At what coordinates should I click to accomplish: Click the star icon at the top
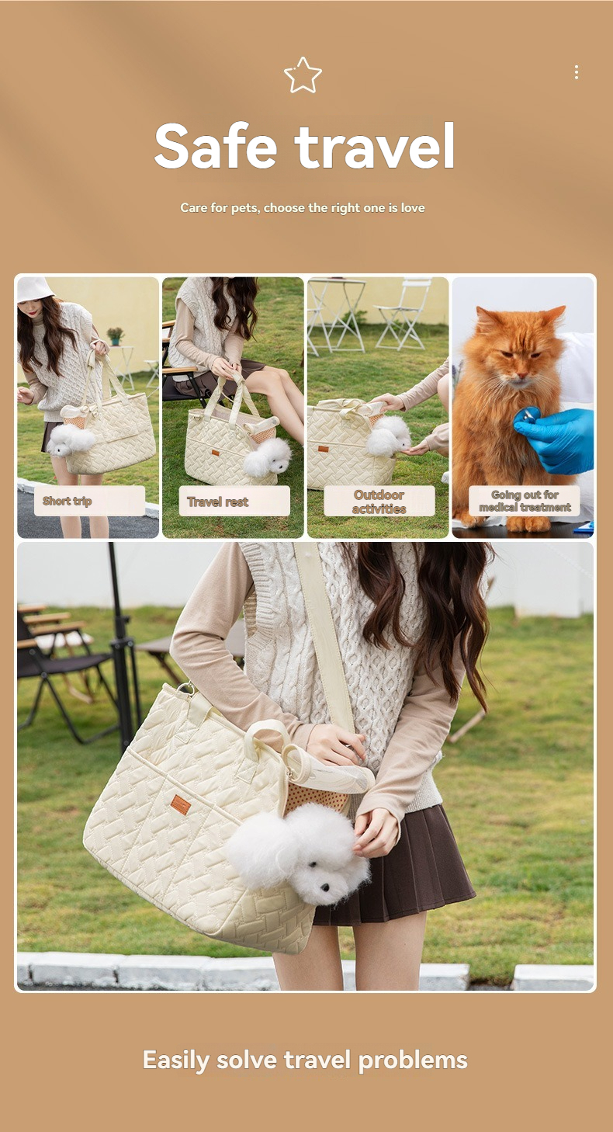pyautogui.click(x=303, y=75)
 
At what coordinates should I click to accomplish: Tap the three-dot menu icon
pyautogui.click(x=576, y=72)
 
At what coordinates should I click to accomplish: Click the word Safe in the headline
pyautogui.click(x=215, y=146)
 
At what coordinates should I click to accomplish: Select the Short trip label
pyautogui.click(x=89, y=501)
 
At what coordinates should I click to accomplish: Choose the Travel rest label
pyautogui.click(x=234, y=502)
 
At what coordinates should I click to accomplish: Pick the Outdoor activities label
pyautogui.click(x=379, y=502)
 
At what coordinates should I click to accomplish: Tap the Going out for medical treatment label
pyautogui.click(x=525, y=501)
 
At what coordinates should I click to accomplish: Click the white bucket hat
pyautogui.click(x=35, y=289)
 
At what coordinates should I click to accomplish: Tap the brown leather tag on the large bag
pyautogui.click(x=181, y=804)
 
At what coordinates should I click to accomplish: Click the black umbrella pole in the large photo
pyautogui.click(x=121, y=652)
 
